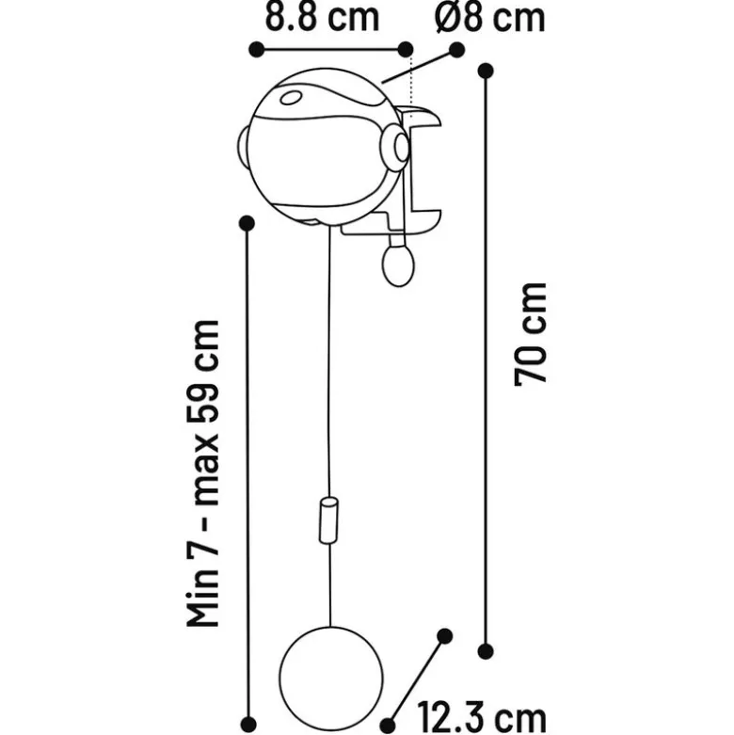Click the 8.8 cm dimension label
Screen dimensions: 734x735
pyautogui.click(x=323, y=17)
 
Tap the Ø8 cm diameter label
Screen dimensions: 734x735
pyautogui.click(x=490, y=18)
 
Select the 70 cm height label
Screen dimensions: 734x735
pyautogui.click(x=531, y=335)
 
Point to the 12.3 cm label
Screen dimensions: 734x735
pyautogui.click(x=482, y=717)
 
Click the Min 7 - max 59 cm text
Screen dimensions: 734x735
pyautogui.click(x=203, y=473)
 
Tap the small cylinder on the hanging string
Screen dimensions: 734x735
pyautogui.click(x=329, y=520)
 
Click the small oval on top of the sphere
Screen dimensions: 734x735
pyautogui.click(x=291, y=98)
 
